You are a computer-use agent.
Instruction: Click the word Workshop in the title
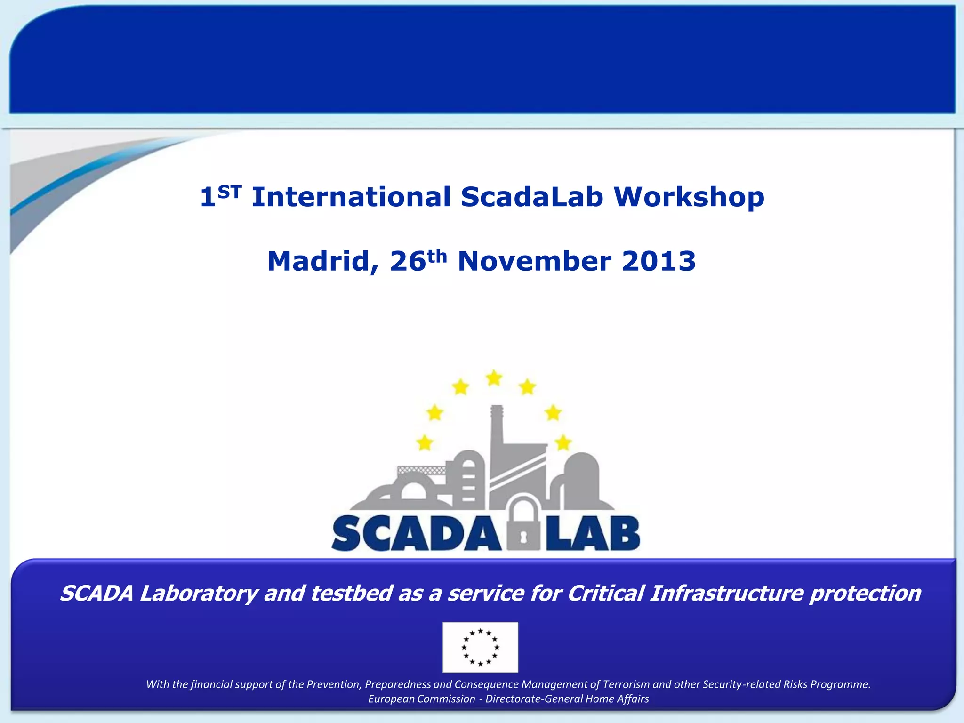pos(689,197)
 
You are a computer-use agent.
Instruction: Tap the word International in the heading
pos(351,197)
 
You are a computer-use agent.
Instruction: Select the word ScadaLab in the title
pos(532,197)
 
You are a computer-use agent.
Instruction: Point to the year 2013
pos(659,261)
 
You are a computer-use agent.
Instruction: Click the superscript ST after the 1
pos(229,191)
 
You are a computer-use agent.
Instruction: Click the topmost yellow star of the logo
pos(494,378)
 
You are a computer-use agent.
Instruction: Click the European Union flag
pos(480,647)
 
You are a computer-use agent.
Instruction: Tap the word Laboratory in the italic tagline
pos(199,594)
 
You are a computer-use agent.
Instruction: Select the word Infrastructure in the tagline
pos(726,594)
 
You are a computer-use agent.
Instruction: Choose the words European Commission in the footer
pos(421,699)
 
